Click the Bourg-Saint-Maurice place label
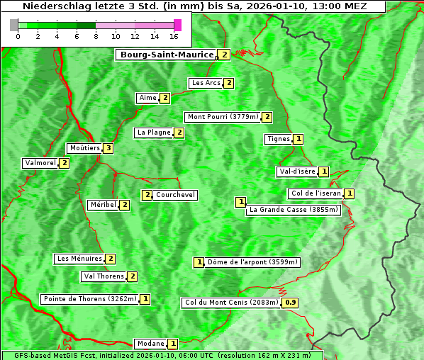167,55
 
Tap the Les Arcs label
206,83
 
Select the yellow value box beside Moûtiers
108,148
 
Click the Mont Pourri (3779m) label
223,117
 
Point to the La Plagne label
154,133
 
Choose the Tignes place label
278,139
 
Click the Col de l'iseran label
316,193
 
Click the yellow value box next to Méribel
125,205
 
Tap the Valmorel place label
40,163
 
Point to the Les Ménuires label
79,259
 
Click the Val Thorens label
104,276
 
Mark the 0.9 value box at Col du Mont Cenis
290,303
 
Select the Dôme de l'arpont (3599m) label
252,262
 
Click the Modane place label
150,344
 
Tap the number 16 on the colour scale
174,36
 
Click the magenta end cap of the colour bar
177,25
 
